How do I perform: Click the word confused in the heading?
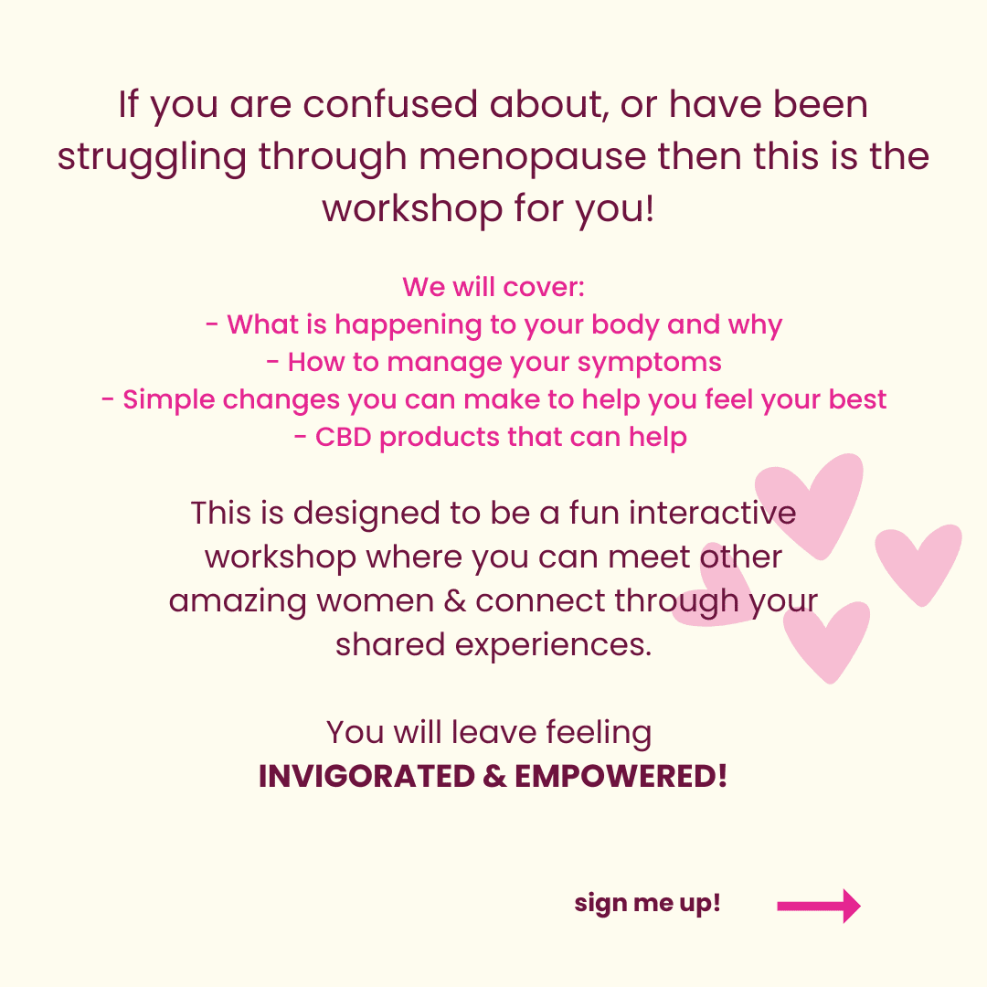click(390, 104)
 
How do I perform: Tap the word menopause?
click(533, 157)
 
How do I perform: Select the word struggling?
click(152, 157)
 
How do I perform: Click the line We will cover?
click(493, 287)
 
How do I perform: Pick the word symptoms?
click(649, 363)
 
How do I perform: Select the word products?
click(440, 438)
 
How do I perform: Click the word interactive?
click(712, 513)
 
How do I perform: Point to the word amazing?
click(238, 602)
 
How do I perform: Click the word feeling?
click(599, 733)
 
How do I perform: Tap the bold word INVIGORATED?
click(366, 776)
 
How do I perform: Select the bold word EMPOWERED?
click(621, 776)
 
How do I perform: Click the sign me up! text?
click(647, 903)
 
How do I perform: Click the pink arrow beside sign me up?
click(818, 906)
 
